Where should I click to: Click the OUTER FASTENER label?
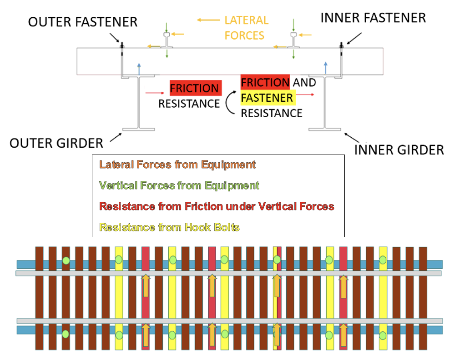tap(83, 22)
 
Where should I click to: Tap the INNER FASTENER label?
tap(373, 18)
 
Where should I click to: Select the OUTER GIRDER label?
tap(56, 143)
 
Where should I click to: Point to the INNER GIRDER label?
tap(399, 150)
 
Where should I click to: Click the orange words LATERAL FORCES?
tap(247, 28)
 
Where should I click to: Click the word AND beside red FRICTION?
tap(304, 83)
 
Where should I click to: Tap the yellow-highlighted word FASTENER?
tap(267, 98)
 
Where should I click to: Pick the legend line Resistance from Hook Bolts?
tap(169, 227)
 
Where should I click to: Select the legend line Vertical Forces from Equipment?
tap(179, 185)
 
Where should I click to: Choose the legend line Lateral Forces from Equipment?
tap(177, 165)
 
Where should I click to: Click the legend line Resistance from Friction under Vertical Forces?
tap(217, 206)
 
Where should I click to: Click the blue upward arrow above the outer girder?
tap(139, 69)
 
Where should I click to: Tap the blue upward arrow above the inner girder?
tap(326, 68)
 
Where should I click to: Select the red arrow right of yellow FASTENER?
tap(305, 95)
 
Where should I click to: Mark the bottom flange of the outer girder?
tap(139, 130)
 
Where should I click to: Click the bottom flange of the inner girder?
tap(324, 130)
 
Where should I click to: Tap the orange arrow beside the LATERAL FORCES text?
tap(208, 20)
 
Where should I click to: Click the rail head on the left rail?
tap(166, 35)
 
